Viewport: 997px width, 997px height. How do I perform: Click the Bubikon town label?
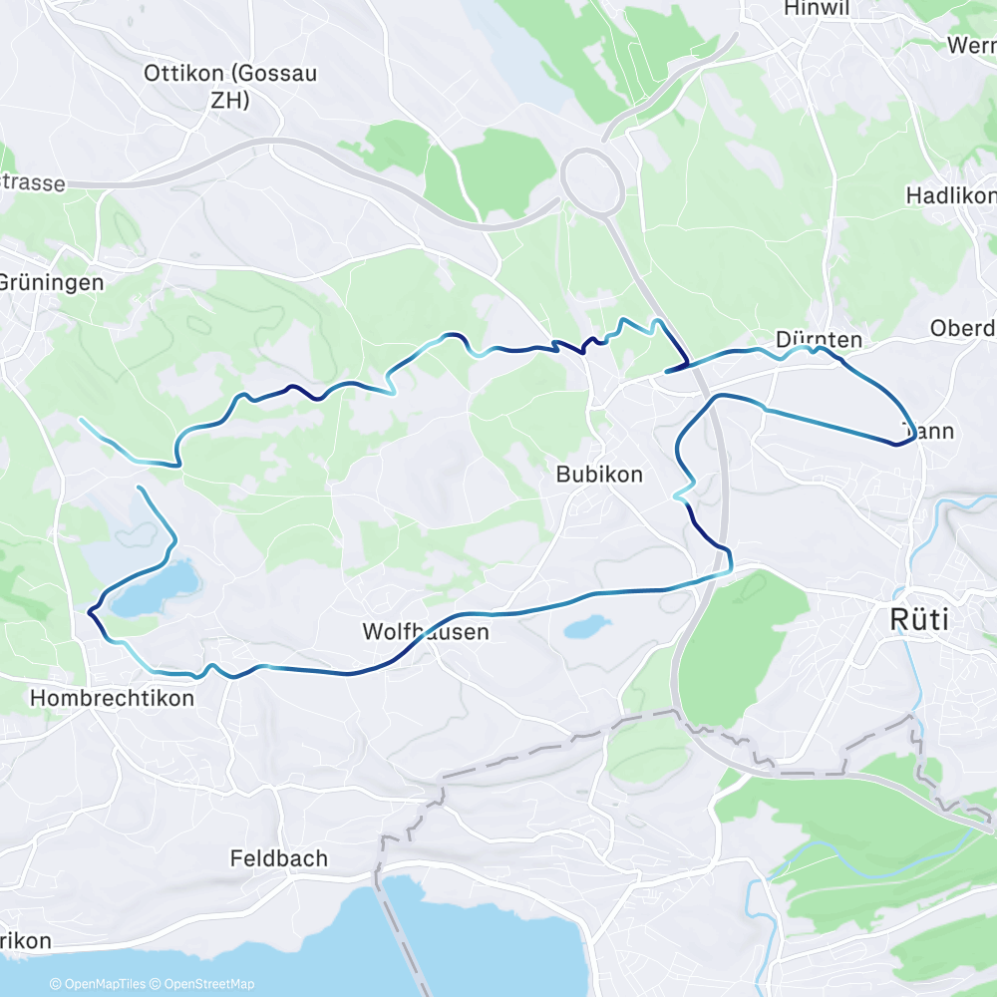599,476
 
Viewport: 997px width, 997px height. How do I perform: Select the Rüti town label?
918,620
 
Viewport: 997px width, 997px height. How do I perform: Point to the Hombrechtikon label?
112,698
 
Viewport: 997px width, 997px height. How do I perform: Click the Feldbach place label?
278,857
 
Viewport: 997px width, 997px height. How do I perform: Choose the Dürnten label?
818,340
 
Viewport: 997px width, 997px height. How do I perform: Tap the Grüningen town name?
50,282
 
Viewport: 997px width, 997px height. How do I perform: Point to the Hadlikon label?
950,195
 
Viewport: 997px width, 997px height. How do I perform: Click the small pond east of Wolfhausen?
585,627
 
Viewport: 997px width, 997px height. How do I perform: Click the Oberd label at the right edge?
962,328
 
